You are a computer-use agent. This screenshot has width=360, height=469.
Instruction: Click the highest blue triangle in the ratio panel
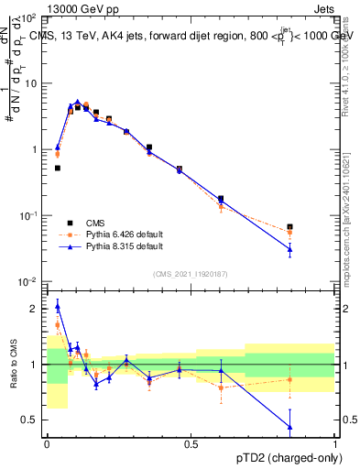[57, 306]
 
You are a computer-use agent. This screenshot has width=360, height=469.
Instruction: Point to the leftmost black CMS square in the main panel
[57, 168]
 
